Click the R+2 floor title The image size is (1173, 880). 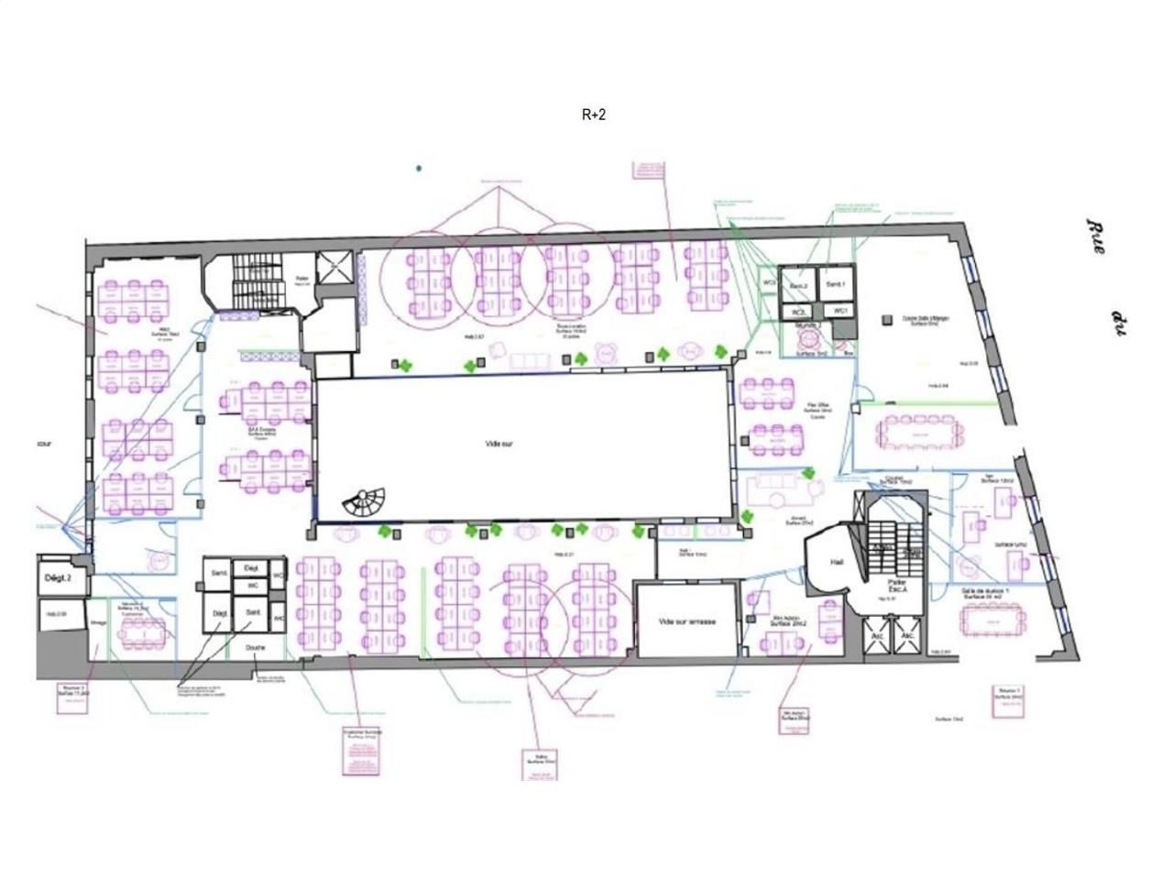coord(593,115)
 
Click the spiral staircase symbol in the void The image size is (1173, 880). coord(365,500)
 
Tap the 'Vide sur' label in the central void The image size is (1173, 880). coord(499,444)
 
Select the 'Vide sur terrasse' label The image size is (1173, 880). coord(687,621)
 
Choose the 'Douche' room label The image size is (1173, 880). coord(256,647)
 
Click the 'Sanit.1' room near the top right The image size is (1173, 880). coord(835,286)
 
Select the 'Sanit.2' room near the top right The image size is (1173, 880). coord(798,288)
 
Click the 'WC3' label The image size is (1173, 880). coord(769,283)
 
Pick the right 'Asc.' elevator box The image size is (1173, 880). coord(908,635)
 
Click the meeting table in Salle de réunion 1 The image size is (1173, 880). coord(991,621)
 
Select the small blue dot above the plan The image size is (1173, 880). coord(419,169)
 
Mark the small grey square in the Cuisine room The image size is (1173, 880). coord(886,320)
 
